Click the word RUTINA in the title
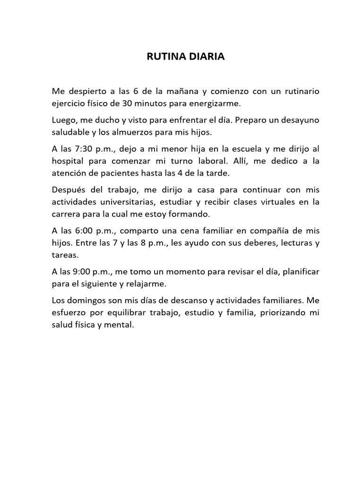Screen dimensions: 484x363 point(163,57)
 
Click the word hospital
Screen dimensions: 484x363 point(67,161)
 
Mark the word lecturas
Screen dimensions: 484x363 point(296,243)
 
